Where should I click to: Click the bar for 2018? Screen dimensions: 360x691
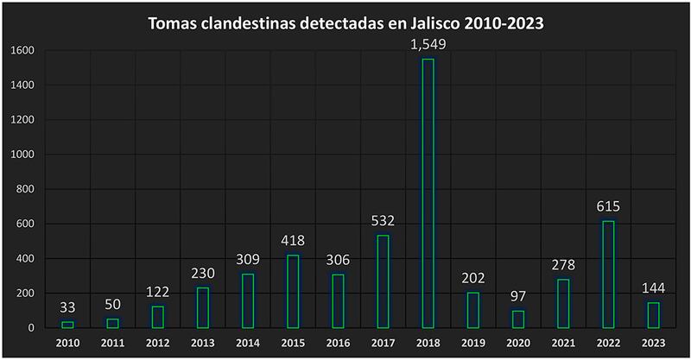click(428, 193)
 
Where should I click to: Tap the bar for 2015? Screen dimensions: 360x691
click(293, 292)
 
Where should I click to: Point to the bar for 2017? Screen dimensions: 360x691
click(383, 281)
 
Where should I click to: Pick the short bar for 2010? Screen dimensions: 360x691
click(67, 325)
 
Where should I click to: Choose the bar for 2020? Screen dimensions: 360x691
click(517, 319)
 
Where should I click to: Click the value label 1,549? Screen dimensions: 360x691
click(428, 44)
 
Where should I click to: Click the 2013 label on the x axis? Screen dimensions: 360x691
click(202, 342)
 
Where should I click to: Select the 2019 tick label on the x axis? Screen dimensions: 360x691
click(472, 342)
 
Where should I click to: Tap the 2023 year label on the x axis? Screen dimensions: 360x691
click(652, 342)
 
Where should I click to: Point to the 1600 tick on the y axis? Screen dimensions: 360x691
click(22, 51)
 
